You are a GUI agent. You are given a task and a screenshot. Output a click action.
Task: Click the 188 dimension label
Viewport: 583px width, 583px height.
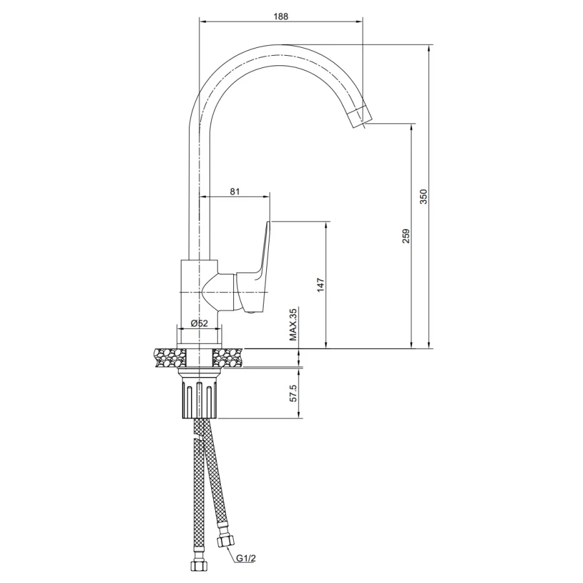tap(280, 16)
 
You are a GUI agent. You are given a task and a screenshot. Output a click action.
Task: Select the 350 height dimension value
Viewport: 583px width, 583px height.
tap(424, 197)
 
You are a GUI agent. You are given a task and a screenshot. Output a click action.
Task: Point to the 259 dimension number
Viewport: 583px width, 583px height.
tap(406, 236)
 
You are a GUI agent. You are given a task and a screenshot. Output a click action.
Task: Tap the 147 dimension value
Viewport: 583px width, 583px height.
tap(321, 285)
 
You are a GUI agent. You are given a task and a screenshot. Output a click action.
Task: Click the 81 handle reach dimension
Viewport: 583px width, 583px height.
tap(234, 192)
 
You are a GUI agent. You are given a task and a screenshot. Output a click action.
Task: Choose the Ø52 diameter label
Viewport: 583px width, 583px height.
tap(199, 323)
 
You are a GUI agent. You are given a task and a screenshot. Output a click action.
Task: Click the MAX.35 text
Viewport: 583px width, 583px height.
tap(293, 325)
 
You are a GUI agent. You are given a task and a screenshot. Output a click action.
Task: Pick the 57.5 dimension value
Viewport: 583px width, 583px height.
tap(293, 393)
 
